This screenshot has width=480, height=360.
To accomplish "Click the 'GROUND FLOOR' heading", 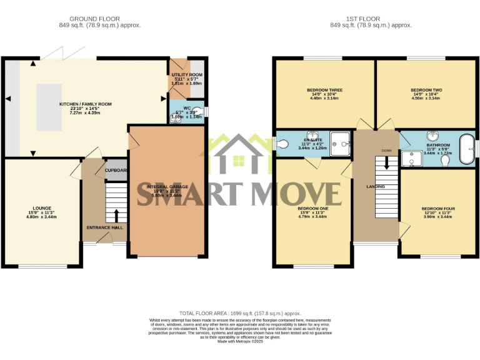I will tap(94, 19).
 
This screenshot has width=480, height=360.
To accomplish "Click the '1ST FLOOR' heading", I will tap(371, 19).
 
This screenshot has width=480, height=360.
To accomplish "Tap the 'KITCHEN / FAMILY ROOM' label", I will tap(85, 104).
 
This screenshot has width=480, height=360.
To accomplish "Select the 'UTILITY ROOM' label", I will tap(187, 75).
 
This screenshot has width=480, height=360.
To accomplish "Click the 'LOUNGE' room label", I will tap(42, 208).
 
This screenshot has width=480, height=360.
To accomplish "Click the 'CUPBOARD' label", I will tap(116, 170).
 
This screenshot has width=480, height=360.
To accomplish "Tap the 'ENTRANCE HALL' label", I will tap(105, 227).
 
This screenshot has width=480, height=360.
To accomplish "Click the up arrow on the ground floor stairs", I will tap(116, 216).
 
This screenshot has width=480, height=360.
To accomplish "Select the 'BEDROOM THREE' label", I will tap(324, 90).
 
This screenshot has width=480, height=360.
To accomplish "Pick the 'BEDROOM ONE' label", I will tap(312, 208).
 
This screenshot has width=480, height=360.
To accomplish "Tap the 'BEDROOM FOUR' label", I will tap(437, 208).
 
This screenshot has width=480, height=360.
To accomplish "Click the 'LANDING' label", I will tap(375, 187).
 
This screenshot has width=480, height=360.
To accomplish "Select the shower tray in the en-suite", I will tap(341, 142).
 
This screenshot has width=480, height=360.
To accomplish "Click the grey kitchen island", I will tap(49, 107).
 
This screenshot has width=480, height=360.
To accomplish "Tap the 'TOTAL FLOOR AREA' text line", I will tap(240, 313).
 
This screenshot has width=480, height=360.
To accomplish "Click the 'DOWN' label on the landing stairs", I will tap(387, 151).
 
